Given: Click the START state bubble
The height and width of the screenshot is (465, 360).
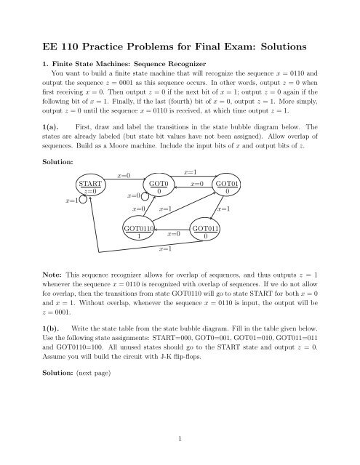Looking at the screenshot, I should click(87, 187).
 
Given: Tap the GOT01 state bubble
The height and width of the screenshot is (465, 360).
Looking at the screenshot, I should click(228, 187).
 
